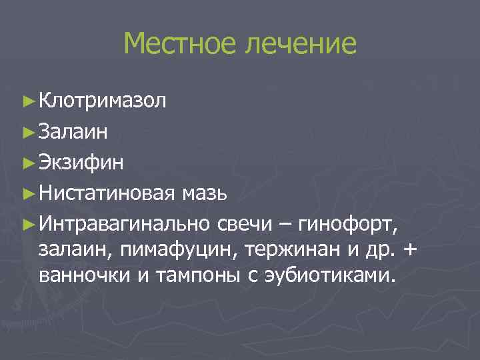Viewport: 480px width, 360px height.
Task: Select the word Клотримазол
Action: (x=103, y=101)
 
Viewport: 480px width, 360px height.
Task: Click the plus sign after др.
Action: (x=409, y=249)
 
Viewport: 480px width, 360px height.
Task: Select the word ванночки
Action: (x=85, y=275)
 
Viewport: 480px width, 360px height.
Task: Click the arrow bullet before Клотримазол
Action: (x=27, y=102)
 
